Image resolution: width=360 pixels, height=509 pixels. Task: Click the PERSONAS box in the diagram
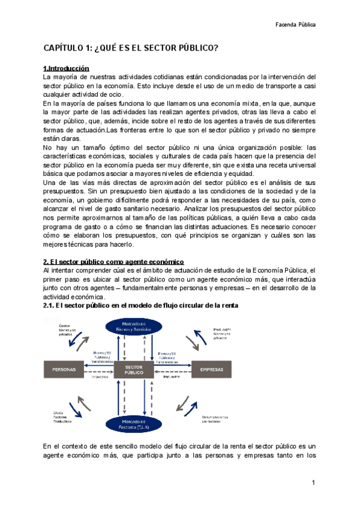pos(65,370)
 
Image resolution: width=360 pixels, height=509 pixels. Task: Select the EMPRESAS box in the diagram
pos(212,370)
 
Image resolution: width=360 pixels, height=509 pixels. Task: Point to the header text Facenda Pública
pos(295,25)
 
